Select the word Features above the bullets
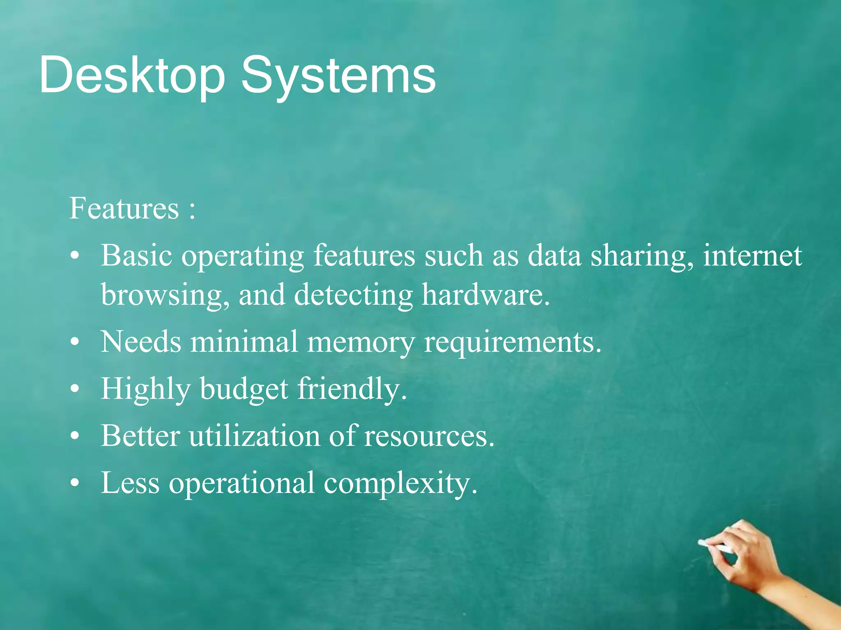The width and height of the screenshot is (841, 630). coord(124,208)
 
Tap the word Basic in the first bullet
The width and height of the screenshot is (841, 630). coord(136,255)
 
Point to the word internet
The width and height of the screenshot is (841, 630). coord(752,255)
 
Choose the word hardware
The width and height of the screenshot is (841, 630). coord(485,294)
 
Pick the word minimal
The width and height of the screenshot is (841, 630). coord(244,341)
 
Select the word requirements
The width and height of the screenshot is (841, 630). coord(512,342)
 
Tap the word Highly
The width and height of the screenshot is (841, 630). coord(146,389)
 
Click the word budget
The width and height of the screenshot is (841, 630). coord(244,389)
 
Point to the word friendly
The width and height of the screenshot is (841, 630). coord(352,389)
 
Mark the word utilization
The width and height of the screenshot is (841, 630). coord(254,436)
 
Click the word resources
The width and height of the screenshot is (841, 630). coord(429,436)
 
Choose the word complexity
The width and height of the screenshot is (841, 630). coord(400,483)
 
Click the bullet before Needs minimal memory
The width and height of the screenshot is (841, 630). coord(74,342)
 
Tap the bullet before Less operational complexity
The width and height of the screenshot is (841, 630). coord(74,483)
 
